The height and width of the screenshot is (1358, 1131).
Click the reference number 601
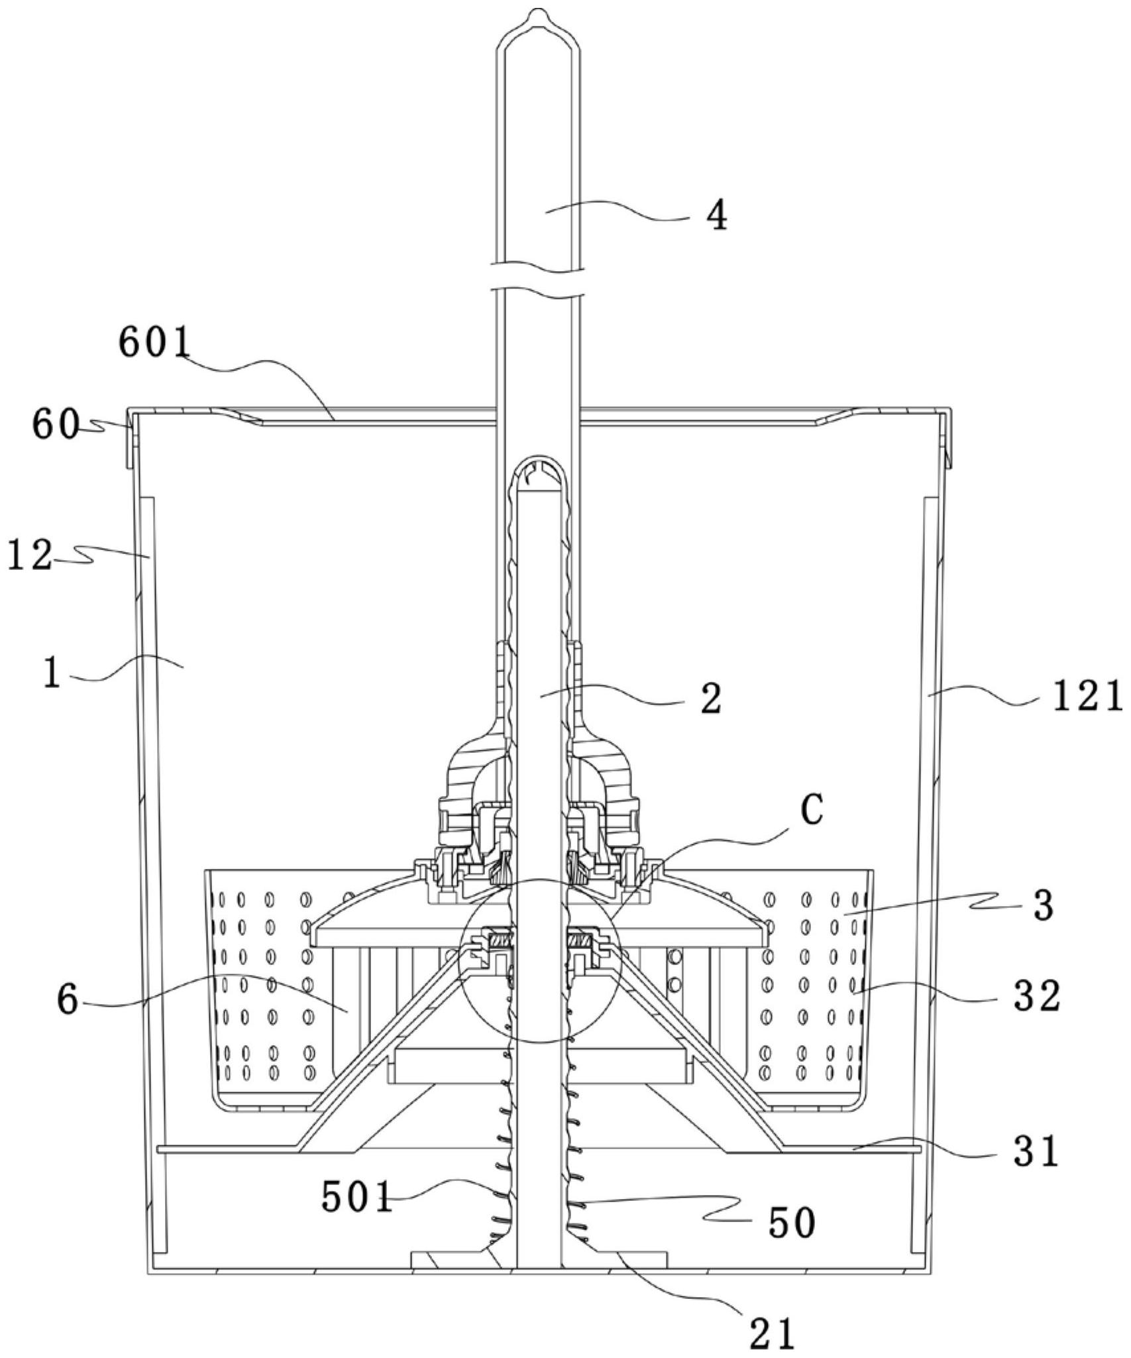pyautogui.click(x=154, y=343)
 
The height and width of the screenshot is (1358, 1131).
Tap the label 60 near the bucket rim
pyautogui.click(x=56, y=426)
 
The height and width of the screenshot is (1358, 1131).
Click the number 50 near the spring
pyautogui.click(x=792, y=1223)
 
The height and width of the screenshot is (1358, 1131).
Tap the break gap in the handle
pyautogui.click(x=538, y=279)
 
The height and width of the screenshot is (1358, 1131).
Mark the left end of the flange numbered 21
pyautogui.click(x=411, y=1271)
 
